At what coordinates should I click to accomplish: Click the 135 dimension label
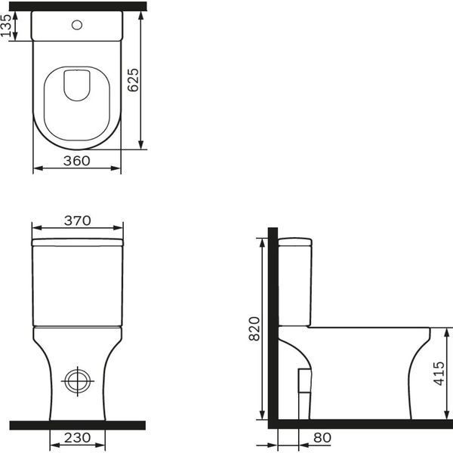click(x=6, y=26)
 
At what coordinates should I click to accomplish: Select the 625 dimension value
click(x=133, y=80)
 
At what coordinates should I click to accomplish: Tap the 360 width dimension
click(x=77, y=161)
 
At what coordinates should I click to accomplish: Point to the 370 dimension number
click(x=78, y=220)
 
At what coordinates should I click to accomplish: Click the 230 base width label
click(x=78, y=438)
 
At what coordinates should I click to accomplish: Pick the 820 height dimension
click(x=254, y=328)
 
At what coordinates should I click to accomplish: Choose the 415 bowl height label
click(x=439, y=373)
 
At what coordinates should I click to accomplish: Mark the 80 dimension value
click(x=322, y=438)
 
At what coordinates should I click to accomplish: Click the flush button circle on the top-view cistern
click(x=77, y=25)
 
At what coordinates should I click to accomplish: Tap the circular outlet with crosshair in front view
click(x=78, y=381)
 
